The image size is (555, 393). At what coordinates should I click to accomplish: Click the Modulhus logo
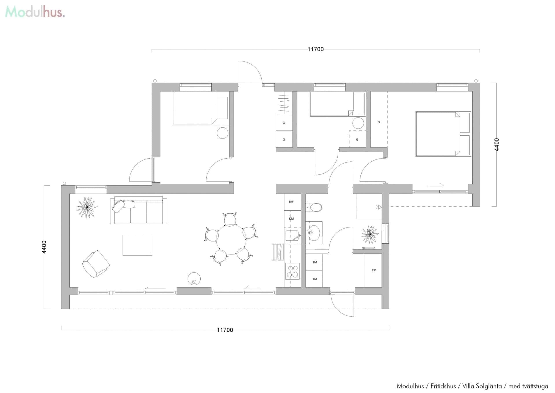pos(35,12)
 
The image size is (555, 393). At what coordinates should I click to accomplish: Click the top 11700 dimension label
pos(315,49)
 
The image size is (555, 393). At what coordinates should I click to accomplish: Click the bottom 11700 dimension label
pos(225,330)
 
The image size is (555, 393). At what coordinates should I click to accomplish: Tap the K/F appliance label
pos(291,202)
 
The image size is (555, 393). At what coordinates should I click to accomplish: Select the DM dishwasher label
pos(291,218)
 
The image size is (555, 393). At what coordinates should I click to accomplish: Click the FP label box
pos(373,270)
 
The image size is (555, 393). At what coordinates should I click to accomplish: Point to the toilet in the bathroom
pos(314,207)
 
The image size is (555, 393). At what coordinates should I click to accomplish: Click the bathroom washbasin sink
pos(314,233)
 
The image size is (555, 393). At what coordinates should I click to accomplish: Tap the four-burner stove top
pos(292,271)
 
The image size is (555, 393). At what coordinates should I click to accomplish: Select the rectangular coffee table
pos(137,245)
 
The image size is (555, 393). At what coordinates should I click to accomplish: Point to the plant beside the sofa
pos(87,207)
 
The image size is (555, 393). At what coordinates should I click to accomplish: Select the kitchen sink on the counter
pos(292,236)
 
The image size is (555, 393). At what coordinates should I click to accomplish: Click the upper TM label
pos(314,262)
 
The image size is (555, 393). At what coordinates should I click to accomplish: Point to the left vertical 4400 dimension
pos(44,247)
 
